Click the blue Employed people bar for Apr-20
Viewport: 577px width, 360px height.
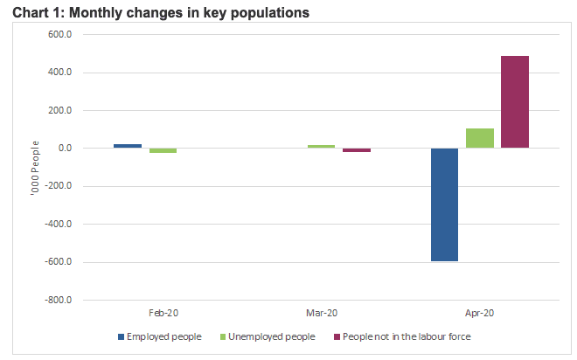click(444, 204)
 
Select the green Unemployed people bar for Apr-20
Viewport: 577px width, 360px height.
click(480, 138)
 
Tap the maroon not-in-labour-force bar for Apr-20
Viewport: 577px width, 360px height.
click(515, 101)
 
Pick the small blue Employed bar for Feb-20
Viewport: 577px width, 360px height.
click(128, 146)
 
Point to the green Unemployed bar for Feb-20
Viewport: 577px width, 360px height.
click(163, 150)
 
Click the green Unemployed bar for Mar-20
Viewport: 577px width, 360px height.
click(321, 146)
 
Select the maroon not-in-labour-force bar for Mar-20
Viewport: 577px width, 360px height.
click(357, 150)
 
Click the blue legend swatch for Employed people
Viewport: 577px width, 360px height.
click(122, 336)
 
